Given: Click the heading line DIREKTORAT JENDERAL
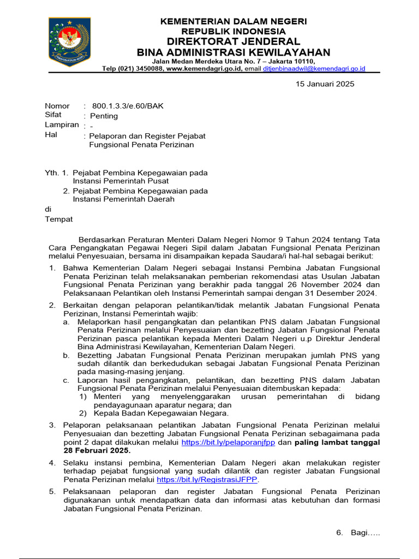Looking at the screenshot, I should pyautogui.click(x=233, y=41).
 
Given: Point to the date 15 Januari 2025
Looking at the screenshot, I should pyautogui.click(x=325, y=84).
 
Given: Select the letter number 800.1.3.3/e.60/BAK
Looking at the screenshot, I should pyautogui.click(x=128, y=106).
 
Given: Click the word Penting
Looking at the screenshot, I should pyautogui.click(x=104, y=116).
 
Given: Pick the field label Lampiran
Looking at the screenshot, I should pyautogui.click(x=62, y=125).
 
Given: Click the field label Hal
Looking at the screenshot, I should pyautogui.click(x=51, y=135).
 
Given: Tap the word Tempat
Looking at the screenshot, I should pyautogui.click(x=58, y=219).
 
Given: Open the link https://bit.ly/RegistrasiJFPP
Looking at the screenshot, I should pyautogui.click(x=207, y=480).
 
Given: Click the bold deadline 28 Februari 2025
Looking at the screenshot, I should pyautogui.click(x=97, y=451).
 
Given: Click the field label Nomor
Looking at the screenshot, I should pyautogui.click(x=57, y=106).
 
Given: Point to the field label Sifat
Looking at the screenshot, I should pyautogui.click(x=53, y=115).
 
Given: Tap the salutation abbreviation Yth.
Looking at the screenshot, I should pyautogui.click(x=51, y=173).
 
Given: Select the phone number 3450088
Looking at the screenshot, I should pyautogui.click(x=146, y=69).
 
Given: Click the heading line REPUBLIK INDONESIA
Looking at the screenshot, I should pyautogui.click(x=233, y=31).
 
